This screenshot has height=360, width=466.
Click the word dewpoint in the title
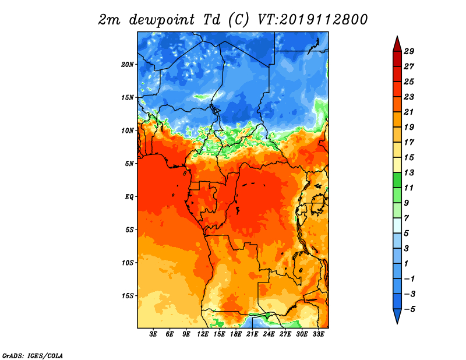[x=162, y=20]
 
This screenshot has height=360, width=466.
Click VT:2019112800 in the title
[x=312, y=20]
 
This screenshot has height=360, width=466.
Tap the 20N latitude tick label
[x=128, y=65]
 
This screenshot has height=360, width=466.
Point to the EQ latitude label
[x=129, y=197]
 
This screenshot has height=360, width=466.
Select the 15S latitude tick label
[x=128, y=296]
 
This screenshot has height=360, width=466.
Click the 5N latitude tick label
[x=129, y=164]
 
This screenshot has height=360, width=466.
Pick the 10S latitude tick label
[x=128, y=263]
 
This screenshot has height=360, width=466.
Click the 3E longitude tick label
[x=153, y=334]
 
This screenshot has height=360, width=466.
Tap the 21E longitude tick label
[x=252, y=334]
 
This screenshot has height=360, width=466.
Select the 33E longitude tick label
[x=318, y=334]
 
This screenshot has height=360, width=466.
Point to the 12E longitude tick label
[x=203, y=334]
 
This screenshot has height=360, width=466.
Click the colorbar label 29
[x=409, y=51]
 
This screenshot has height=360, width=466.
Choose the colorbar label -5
[x=409, y=309]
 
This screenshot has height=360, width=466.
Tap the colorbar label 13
[x=409, y=172]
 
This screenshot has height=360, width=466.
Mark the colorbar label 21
[x=409, y=112]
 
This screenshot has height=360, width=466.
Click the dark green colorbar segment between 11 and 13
[x=397, y=180]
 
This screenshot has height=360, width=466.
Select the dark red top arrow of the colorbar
[x=397, y=45]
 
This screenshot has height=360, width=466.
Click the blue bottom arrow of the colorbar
[x=397, y=316]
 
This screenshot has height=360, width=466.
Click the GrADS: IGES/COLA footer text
[x=33, y=355]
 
